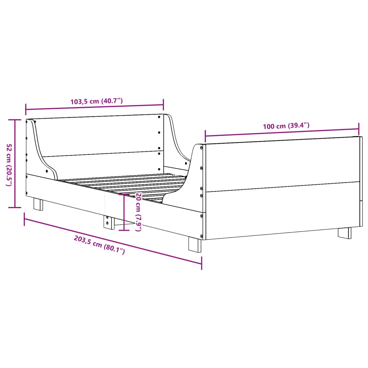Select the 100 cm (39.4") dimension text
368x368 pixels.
[x=286, y=126]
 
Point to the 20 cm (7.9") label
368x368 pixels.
[x=138, y=212]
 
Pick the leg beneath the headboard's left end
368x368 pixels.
[x=38, y=204]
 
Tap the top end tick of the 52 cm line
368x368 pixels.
[x=15, y=120]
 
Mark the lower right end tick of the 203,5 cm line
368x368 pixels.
[x=202, y=263]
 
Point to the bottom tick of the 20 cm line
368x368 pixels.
[x=124, y=230]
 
